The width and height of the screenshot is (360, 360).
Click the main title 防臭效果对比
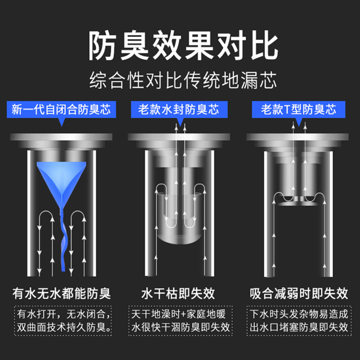pos(183,45)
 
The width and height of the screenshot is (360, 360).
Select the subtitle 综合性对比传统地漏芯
pos(183,80)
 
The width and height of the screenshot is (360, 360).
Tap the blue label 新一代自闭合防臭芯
pos(61,109)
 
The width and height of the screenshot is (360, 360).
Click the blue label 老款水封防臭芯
pos(179,109)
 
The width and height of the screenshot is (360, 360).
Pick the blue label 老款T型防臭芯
pos(298,109)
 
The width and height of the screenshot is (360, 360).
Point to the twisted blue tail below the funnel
pos(63,239)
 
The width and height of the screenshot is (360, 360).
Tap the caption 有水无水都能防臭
pos(62,293)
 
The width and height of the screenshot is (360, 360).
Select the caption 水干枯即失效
pos(178,293)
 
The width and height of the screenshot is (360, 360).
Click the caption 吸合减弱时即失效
pos(299,293)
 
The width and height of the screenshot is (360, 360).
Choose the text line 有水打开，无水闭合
pos(64,314)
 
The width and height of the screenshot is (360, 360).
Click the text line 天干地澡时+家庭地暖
pos(178,314)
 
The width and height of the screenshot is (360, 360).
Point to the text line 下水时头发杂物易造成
pos(299,314)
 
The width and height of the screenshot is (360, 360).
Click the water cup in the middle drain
pos(180,218)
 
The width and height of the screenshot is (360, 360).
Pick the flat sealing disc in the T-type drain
pos(298,203)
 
